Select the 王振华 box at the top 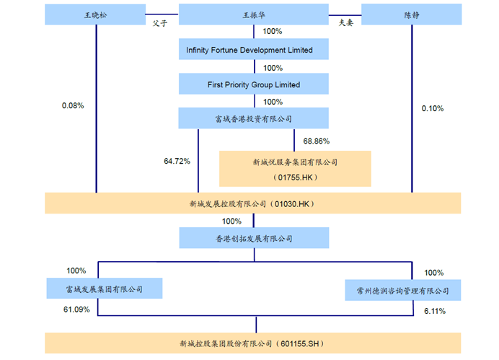pyautogui.click(x=253, y=14)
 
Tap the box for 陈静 pyautogui.click(x=411, y=14)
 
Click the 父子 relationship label pyautogui.click(x=160, y=22)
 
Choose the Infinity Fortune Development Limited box pyautogui.click(x=253, y=50)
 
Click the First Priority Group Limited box pyautogui.click(x=253, y=84)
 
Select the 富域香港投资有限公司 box pyautogui.click(x=253, y=118)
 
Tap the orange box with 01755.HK pyautogui.click(x=295, y=169)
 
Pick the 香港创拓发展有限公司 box pyautogui.click(x=253, y=238)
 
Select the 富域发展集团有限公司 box pyautogui.click(x=104, y=289)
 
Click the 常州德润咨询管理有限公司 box pyautogui.click(x=402, y=290)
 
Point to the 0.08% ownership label pyautogui.click(x=73, y=106)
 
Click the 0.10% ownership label pyautogui.click(x=433, y=108)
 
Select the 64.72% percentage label pyautogui.click(x=177, y=161)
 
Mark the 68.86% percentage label pyautogui.click(x=317, y=141)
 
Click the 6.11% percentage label pyautogui.click(x=435, y=311)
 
